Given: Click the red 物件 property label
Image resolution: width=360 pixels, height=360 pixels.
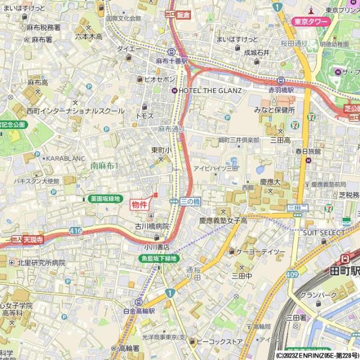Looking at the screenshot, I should click(139, 205).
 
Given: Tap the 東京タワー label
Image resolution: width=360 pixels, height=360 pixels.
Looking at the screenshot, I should click(312, 22).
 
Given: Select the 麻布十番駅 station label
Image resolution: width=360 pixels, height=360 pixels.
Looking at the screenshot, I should click(172, 61).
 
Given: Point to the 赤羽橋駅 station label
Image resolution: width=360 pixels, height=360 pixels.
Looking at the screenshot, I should click(281, 89).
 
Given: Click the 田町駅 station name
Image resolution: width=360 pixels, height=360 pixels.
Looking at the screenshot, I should click(345, 271).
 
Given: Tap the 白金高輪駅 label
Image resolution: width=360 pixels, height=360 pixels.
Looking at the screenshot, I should click(139, 311).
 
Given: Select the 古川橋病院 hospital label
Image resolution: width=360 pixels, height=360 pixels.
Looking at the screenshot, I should click(152, 226).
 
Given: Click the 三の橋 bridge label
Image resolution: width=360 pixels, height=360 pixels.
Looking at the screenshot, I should click(190, 202).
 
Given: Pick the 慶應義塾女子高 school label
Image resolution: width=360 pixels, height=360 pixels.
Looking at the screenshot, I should click(223, 221).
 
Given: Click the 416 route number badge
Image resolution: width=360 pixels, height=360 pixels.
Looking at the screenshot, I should click(75, 230).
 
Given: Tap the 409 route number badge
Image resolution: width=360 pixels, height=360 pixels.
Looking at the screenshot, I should click(292, 274).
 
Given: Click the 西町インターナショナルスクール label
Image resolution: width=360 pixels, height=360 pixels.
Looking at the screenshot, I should click(75, 111).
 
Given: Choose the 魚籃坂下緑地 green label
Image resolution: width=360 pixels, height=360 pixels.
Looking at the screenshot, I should click(159, 259).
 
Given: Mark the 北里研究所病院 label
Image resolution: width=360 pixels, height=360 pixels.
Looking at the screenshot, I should click(41, 263).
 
